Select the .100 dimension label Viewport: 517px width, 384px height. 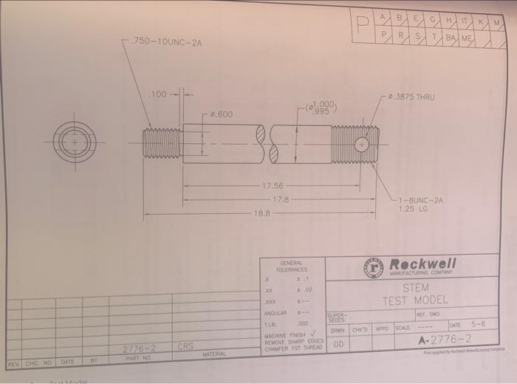click(159, 94)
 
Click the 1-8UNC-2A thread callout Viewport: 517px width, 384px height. click(420, 200)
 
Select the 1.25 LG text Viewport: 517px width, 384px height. click(412, 209)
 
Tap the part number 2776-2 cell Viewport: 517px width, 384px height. click(138, 347)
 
